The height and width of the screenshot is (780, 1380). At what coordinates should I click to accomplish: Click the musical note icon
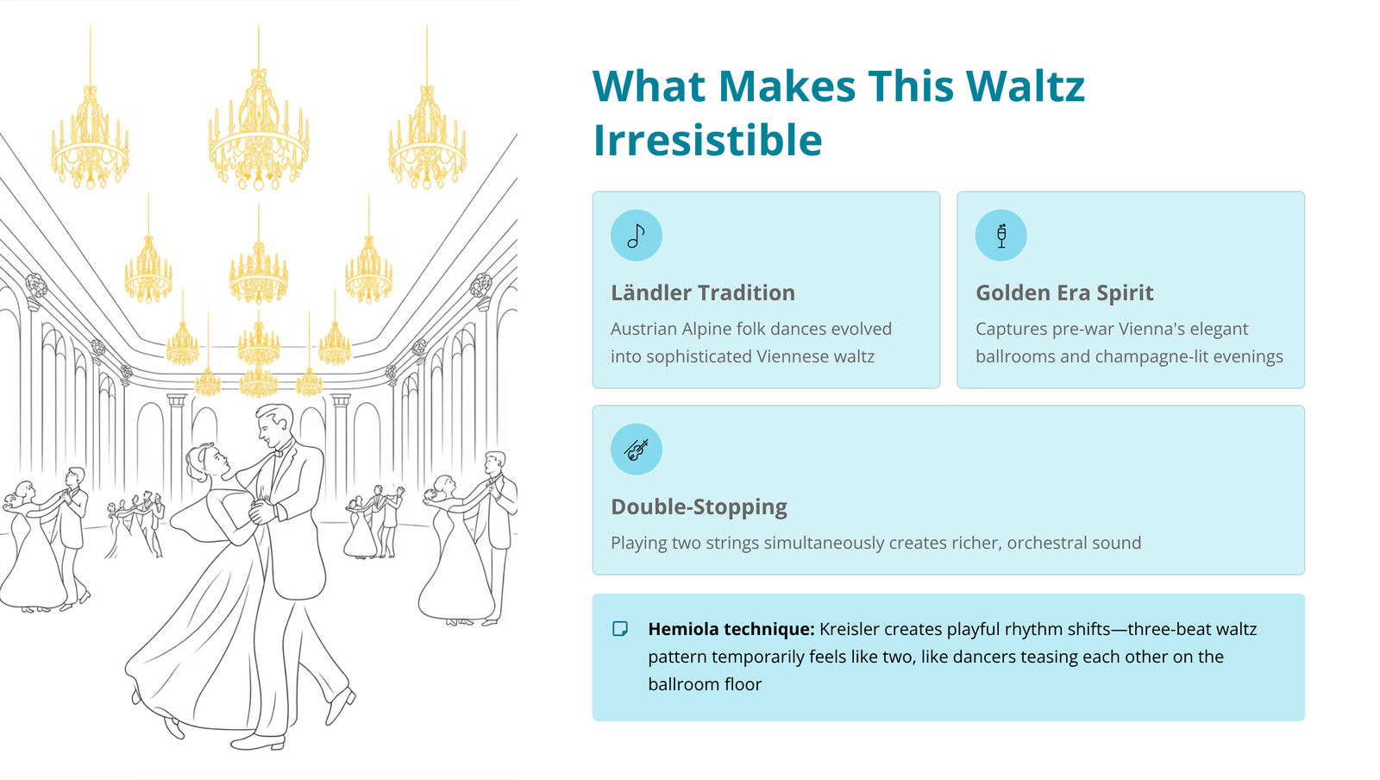tap(636, 236)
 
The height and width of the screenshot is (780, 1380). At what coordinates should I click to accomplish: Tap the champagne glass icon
tap(1001, 236)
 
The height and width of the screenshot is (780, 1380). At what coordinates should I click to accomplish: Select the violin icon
tap(636, 450)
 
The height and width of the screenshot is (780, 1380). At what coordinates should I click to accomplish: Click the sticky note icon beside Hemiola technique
tap(620, 628)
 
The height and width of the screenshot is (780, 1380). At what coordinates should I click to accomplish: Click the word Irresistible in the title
tap(707, 140)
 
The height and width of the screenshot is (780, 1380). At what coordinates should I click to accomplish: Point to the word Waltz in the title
tap(1026, 85)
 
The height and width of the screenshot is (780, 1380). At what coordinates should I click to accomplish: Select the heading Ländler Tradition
tap(703, 292)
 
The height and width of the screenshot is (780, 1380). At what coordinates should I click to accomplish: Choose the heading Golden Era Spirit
tap(1064, 292)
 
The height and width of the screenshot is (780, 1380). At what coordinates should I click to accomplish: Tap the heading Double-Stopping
tap(699, 507)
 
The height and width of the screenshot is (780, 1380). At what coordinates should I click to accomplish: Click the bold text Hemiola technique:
tap(731, 629)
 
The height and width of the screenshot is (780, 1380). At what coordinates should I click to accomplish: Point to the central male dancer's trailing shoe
tap(341, 707)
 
